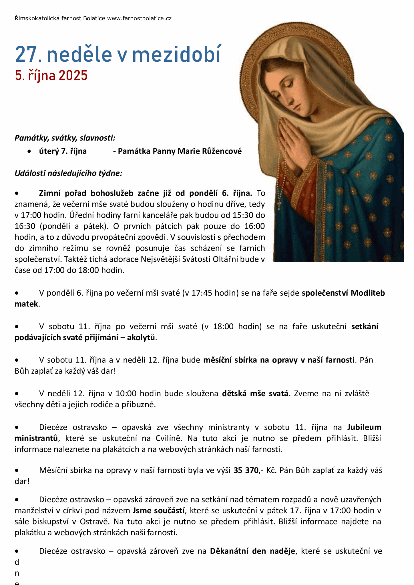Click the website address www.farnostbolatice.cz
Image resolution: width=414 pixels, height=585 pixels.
(x=139, y=19)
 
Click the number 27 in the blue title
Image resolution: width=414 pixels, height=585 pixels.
(x=26, y=55)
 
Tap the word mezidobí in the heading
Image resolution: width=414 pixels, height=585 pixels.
(x=177, y=55)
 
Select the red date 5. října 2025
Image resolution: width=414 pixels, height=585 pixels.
(x=51, y=76)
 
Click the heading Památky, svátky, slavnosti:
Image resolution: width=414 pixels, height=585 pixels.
(x=65, y=138)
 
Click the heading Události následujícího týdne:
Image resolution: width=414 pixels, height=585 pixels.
(x=68, y=173)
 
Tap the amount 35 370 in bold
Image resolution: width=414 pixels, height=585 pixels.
(x=246, y=470)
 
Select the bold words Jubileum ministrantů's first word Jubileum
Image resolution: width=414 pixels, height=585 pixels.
(x=364, y=427)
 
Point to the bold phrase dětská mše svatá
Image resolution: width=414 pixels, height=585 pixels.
(x=255, y=394)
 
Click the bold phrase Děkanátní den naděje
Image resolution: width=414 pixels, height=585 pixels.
(x=252, y=551)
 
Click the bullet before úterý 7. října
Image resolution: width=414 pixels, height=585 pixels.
(x=29, y=151)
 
